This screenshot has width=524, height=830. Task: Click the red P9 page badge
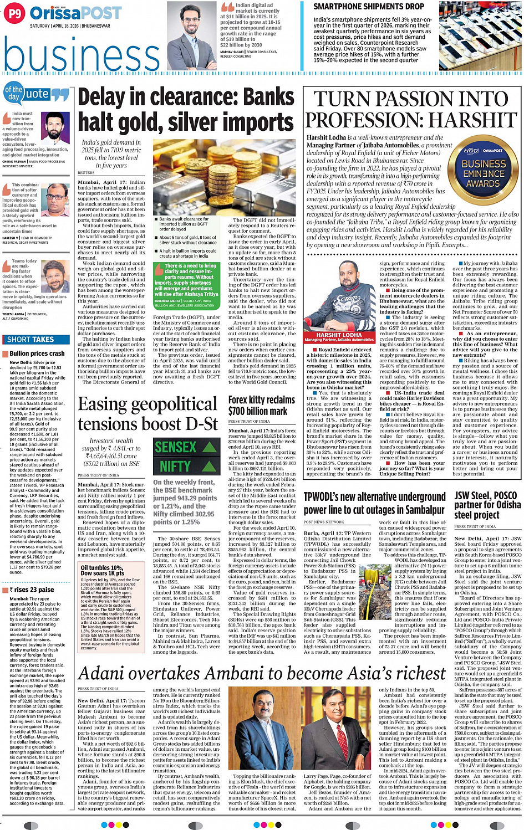tap(14, 13)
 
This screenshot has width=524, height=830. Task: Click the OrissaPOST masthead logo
tap(75, 13)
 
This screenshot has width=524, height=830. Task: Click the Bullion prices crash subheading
tap(37, 353)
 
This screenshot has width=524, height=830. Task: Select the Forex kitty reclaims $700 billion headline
tap(262, 405)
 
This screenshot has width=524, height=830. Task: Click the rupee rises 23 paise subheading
tap(32, 590)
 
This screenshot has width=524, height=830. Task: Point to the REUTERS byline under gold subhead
tap(86, 172)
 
